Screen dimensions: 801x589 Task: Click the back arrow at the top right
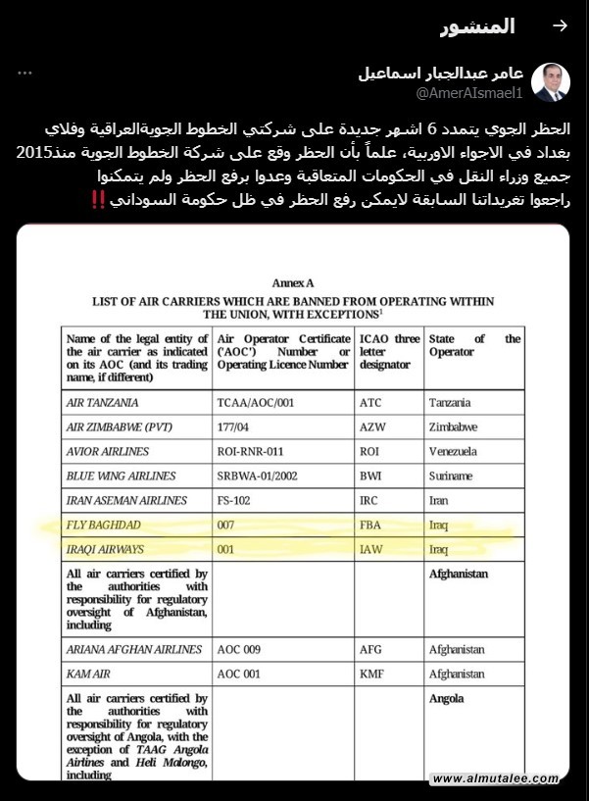point(560,26)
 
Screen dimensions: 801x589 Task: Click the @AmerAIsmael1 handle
point(470,93)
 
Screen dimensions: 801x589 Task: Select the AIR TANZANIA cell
point(103,402)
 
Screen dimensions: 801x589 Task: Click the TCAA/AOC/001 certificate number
point(255,402)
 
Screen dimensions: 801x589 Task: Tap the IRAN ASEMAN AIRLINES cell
point(125,500)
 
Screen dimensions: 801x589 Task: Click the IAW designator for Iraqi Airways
point(371,549)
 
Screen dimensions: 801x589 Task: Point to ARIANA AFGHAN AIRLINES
point(134,649)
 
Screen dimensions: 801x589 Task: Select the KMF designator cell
point(371,674)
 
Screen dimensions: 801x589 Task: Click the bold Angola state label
point(446,699)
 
